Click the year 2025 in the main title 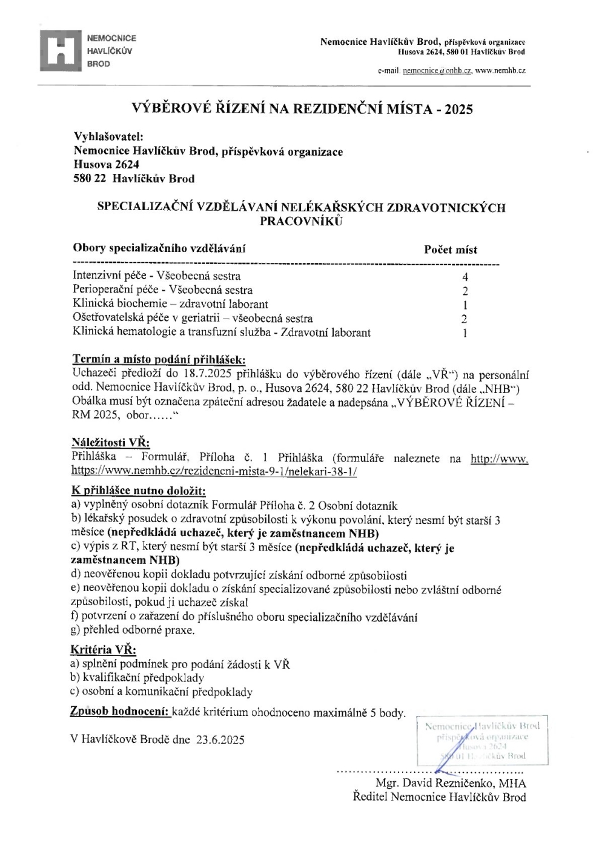tap(458, 110)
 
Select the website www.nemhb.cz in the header tap(500, 71)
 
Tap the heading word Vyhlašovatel tap(108, 137)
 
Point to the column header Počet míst tap(450, 250)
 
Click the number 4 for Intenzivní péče tap(465, 277)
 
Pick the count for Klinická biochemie tap(465, 305)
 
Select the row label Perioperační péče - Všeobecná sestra tap(162, 290)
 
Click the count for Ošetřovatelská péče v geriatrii tap(465, 319)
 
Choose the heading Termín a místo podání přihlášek tap(159, 359)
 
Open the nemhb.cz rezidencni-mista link tap(214, 471)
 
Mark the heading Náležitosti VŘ tap(110, 443)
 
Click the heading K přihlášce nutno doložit tap(138, 491)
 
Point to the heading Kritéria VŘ tap(103, 651)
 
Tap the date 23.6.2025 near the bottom tap(220, 740)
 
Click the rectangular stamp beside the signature tap(483, 741)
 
